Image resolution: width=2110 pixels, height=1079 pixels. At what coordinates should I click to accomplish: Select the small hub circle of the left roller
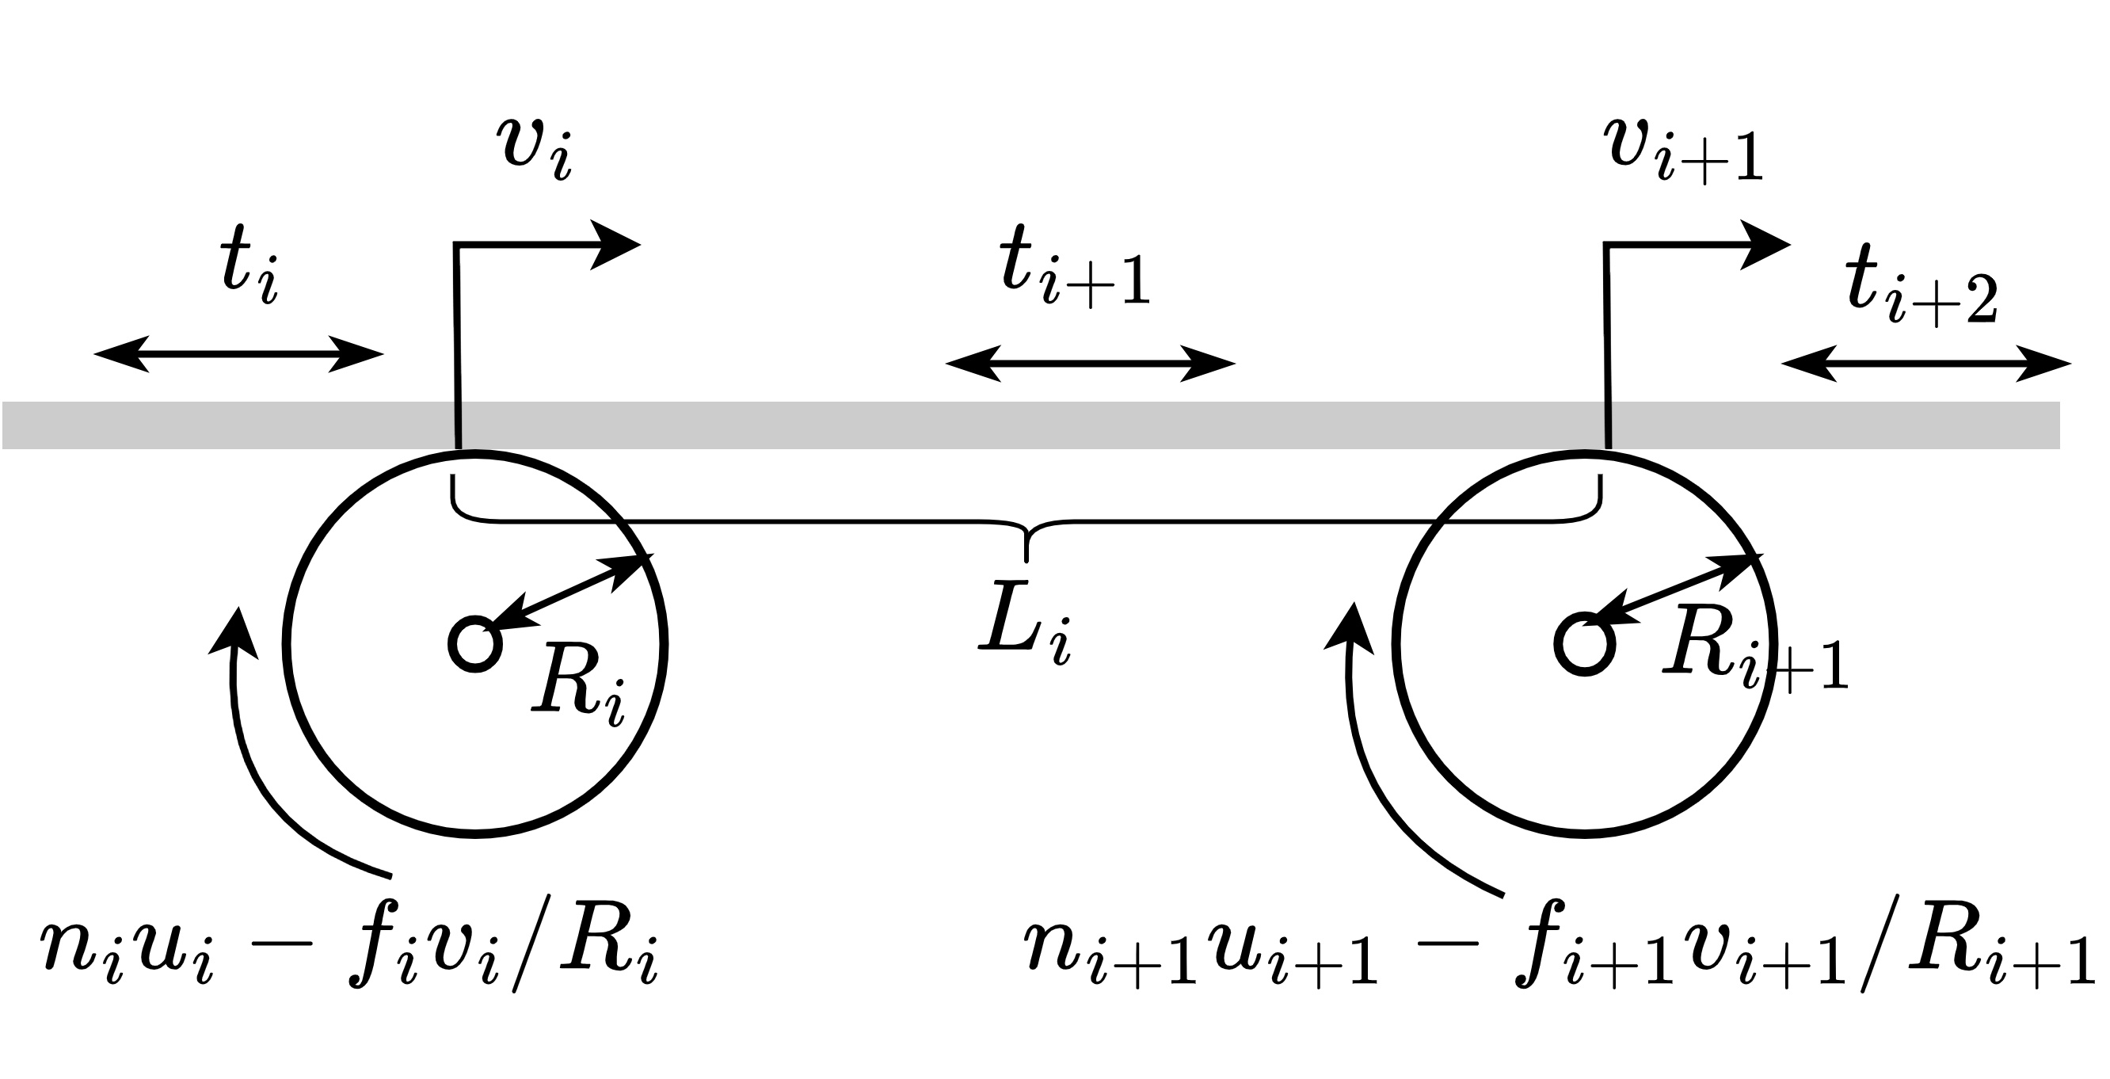(475, 644)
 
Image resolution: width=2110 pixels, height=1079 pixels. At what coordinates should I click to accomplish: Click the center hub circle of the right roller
(1585, 644)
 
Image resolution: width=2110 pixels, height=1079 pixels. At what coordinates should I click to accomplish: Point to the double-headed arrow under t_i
(238, 354)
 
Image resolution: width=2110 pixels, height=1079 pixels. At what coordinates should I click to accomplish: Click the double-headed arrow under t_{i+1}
(1090, 364)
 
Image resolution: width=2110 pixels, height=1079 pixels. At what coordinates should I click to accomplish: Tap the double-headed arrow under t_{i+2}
(1925, 364)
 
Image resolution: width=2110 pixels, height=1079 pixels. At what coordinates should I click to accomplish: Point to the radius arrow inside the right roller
(1671, 592)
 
